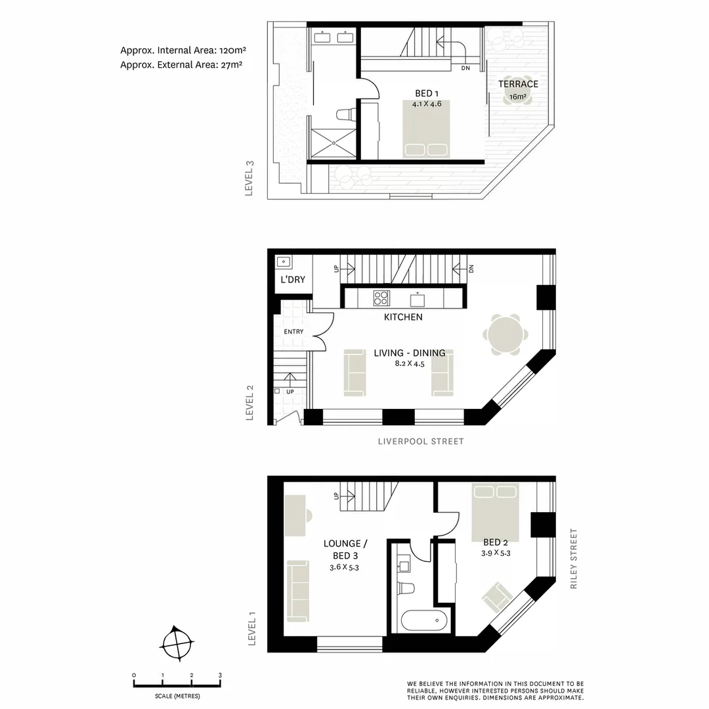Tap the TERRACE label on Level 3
518,84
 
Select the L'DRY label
293,280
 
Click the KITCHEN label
403,317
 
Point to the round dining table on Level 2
505,335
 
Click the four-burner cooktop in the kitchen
381,298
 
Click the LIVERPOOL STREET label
421,442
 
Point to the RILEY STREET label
574,559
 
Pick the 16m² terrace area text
518,97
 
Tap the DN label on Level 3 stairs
465,68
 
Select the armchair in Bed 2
498,597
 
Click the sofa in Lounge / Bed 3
297,591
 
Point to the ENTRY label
293,332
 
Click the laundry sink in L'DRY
284,262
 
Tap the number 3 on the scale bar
220,675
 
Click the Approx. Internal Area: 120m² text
183,50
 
